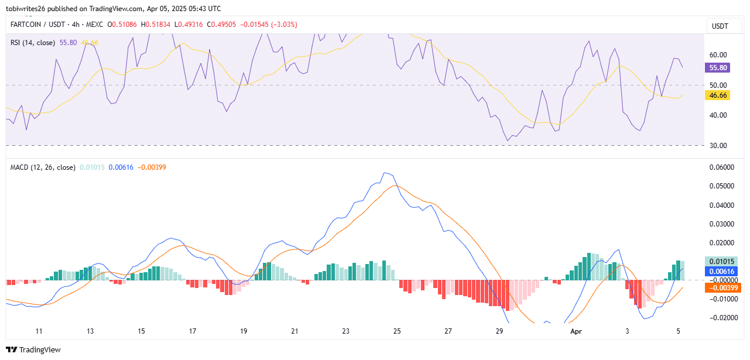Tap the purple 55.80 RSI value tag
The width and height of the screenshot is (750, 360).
(x=718, y=67)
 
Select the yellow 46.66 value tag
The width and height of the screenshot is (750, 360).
(x=718, y=95)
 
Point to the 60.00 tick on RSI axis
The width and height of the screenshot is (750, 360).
(x=718, y=54)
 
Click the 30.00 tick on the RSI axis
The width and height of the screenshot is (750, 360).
(x=718, y=145)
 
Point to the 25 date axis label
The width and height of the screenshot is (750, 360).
(x=397, y=331)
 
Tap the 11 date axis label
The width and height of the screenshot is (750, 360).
(x=39, y=331)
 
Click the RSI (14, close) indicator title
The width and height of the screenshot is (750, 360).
(x=33, y=43)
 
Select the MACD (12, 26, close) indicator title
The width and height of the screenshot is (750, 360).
(x=43, y=167)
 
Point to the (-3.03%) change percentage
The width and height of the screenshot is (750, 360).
(x=283, y=24)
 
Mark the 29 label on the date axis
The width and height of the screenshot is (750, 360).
(x=499, y=331)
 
